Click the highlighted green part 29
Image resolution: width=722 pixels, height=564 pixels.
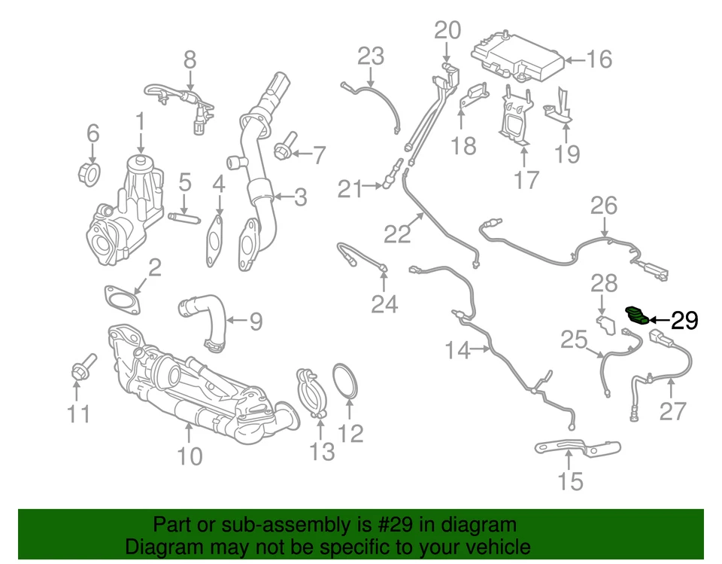[x=637, y=314]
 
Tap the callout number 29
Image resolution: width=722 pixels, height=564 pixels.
[x=684, y=322]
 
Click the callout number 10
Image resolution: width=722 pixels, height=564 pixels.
[x=190, y=456]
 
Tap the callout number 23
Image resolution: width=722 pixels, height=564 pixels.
[x=370, y=56]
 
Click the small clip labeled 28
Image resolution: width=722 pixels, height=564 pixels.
[x=607, y=325]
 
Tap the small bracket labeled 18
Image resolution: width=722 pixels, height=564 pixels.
[x=472, y=97]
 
